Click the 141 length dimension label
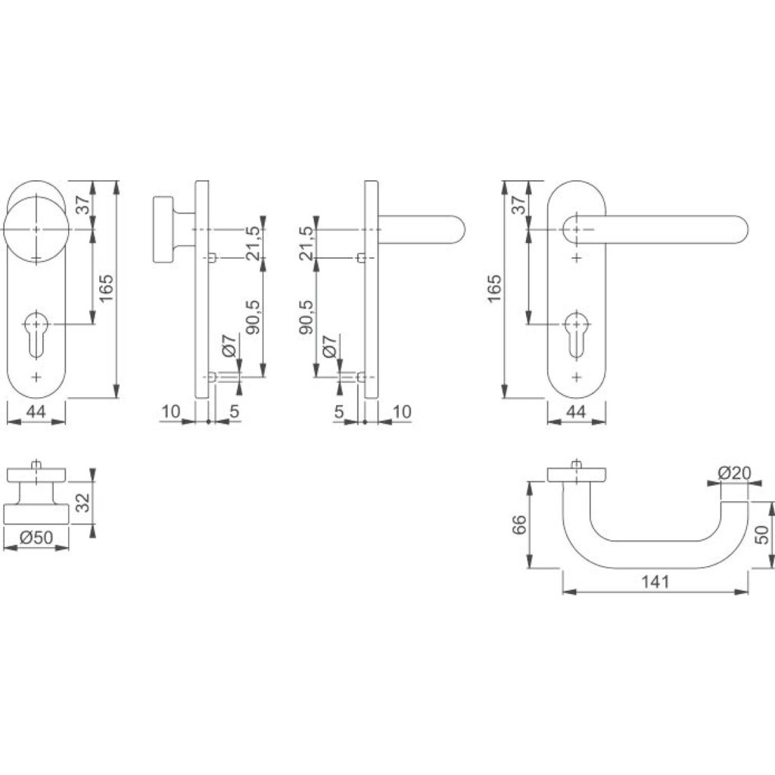[655, 582]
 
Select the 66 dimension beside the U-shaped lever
[519, 524]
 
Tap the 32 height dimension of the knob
[83, 503]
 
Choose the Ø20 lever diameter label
[734, 473]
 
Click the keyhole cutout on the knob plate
[36, 334]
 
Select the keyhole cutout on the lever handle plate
[576, 334]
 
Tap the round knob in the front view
[36, 230]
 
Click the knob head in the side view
[163, 229]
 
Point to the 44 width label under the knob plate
[35, 411]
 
